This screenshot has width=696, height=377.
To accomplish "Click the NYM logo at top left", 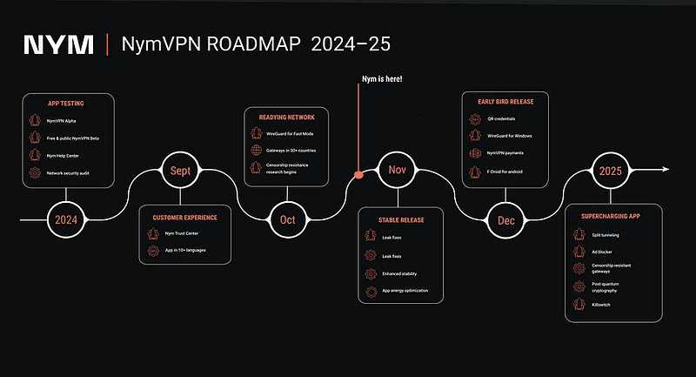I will [x=58, y=44].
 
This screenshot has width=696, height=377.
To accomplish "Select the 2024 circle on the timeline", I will [x=67, y=219].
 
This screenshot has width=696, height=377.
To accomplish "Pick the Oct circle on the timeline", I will [x=287, y=219].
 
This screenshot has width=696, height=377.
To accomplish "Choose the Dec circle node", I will [x=505, y=219].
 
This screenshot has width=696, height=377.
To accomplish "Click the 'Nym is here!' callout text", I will [x=382, y=80].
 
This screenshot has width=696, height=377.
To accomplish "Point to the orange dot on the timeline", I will [x=358, y=175].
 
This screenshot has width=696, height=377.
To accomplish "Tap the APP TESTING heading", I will [x=65, y=103].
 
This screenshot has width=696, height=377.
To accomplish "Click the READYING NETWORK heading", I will [x=286, y=118].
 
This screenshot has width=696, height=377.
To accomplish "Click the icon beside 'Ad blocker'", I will [x=580, y=251].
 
